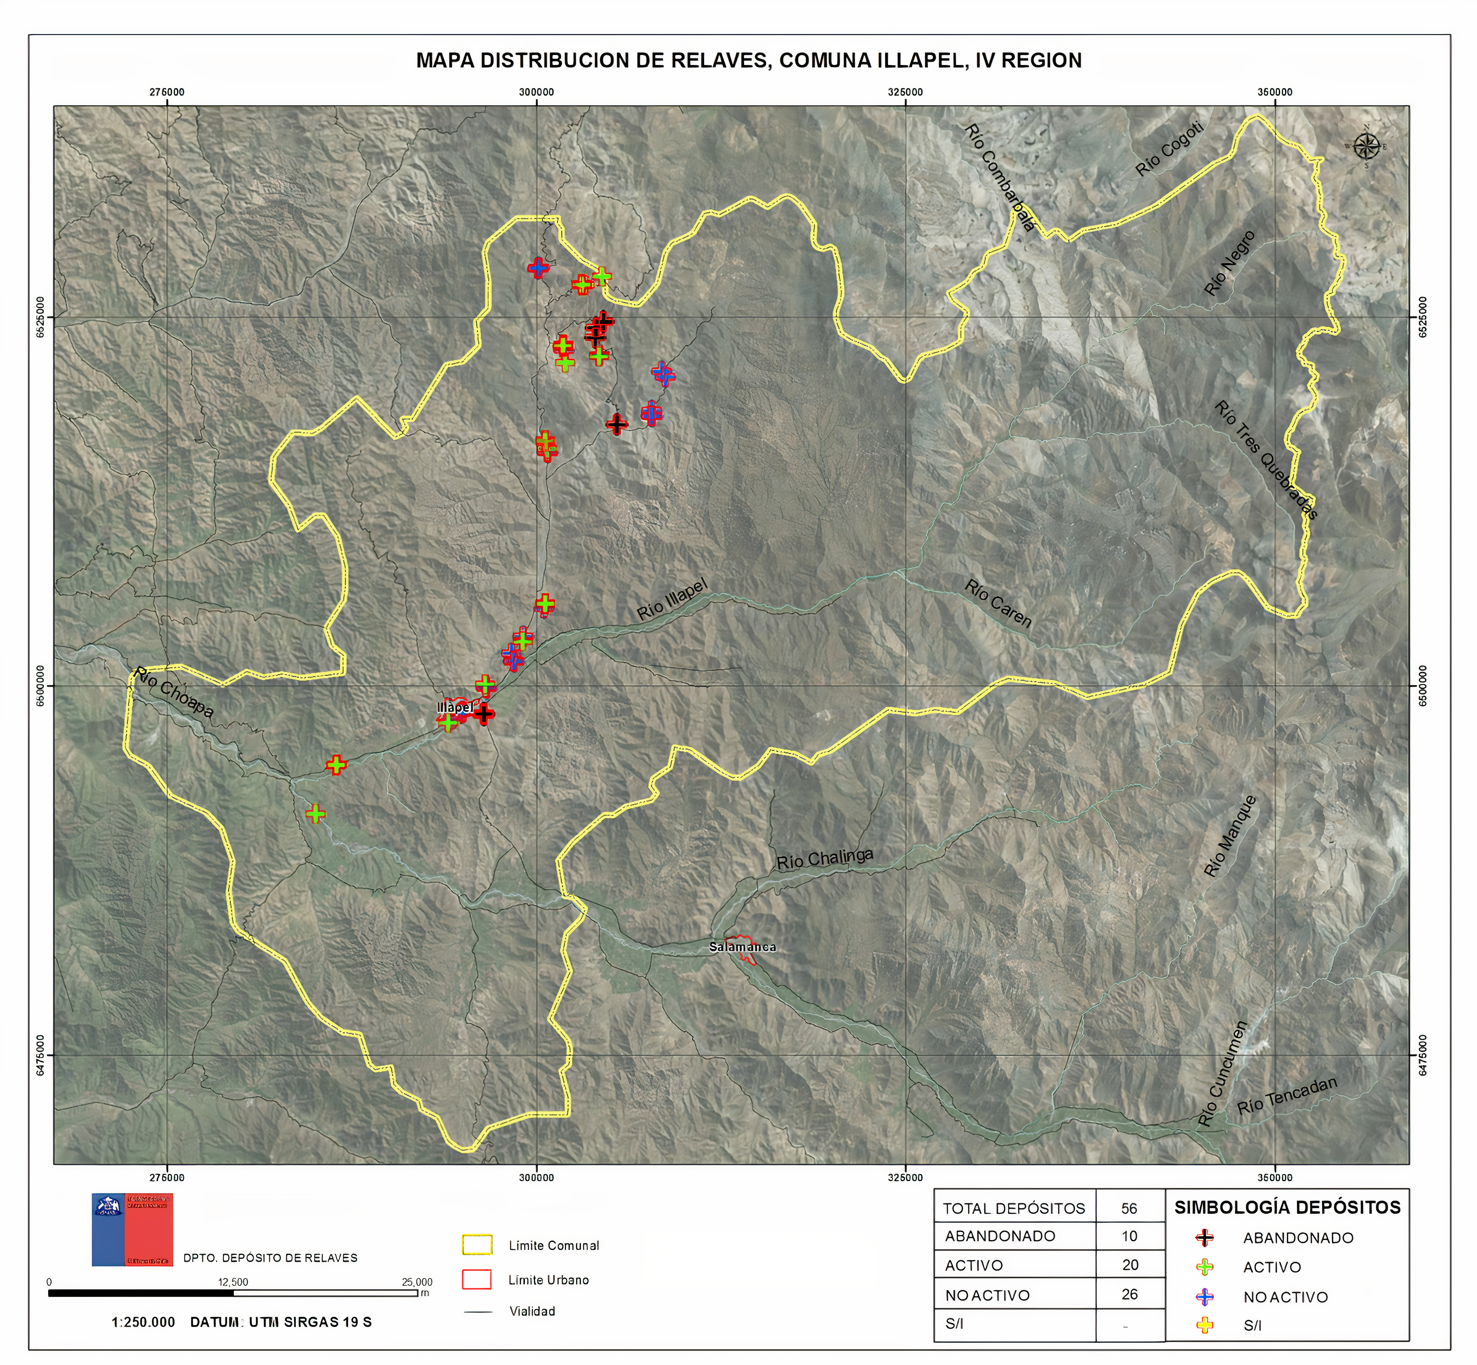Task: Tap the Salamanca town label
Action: (x=742, y=947)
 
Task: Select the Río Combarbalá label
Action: (x=999, y=177)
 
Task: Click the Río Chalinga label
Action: (x=824, y=859)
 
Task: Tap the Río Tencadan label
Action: (x=1287, y=1095)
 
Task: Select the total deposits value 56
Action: (x=1129, y=1208)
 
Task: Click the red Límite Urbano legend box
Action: (x=476, y=1279)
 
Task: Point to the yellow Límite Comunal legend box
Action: (x=476, y=1245)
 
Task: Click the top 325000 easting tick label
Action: (x=905, y=92)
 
